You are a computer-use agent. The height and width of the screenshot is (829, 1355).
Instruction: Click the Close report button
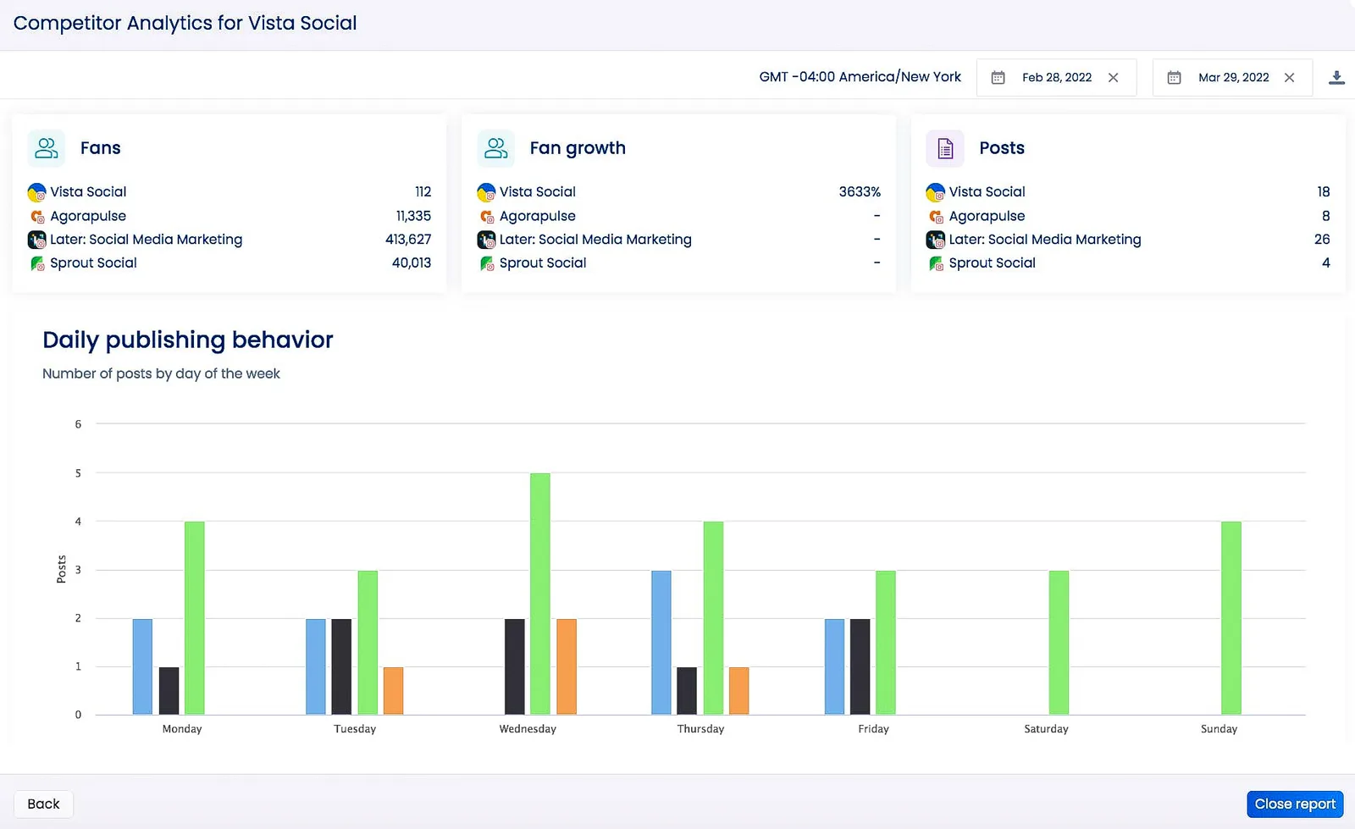pos(1294,804)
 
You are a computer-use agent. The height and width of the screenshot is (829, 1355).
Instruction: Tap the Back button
pos(43,804)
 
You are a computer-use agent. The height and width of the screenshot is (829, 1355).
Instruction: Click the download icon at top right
pos(1336,77)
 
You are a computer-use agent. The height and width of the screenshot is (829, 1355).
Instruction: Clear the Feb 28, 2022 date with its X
pos(1114,77)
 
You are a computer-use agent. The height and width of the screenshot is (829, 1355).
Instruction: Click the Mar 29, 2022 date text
pos(1233,77)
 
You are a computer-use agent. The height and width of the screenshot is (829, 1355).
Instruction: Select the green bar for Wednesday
pos(539,593)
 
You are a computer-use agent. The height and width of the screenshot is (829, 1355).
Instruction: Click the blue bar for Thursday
pos(661,642)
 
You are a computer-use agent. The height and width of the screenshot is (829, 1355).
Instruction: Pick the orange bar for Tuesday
pos(393,690)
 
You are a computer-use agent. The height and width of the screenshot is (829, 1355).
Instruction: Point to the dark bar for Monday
pos(169,690)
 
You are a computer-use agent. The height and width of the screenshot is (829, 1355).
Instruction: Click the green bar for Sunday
pos(1231,617)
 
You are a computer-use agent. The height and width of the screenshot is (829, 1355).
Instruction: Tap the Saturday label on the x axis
pos(1046,729)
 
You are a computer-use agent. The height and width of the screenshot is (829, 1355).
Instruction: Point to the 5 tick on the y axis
pos(78,473)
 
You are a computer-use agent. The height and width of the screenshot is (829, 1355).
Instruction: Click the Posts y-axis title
pos(61,569)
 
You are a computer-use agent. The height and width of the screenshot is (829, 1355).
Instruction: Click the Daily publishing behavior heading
pos(187,340)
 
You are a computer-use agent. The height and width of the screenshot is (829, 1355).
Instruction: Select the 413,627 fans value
pos(407,240)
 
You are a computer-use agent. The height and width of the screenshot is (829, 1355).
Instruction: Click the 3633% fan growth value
pos(859,192)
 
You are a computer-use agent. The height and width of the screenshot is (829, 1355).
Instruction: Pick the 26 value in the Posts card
pos(1321,240)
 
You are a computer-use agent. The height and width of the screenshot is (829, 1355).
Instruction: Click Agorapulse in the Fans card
pos(88,216)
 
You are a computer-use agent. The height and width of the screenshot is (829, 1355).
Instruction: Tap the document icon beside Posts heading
pos(945,148)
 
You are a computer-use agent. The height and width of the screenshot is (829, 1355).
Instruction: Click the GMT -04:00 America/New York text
pos(860,77)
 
